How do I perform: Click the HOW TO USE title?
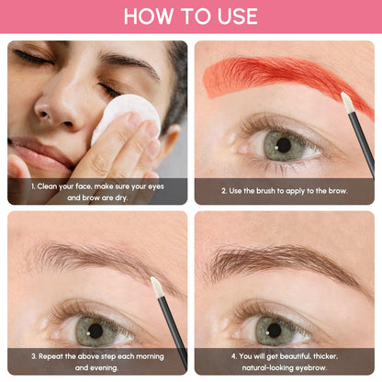(x=191, y=17)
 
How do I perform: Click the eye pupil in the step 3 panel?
(x=95, y=329)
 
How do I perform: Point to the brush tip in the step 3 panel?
(x=156, y=286)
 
